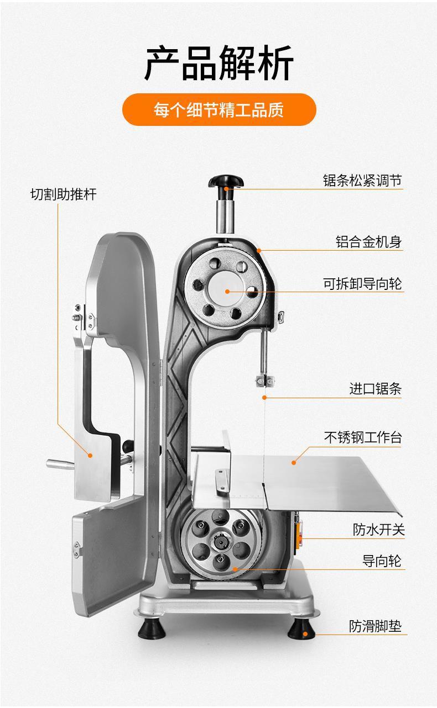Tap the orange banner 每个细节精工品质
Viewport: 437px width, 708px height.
[218, 109]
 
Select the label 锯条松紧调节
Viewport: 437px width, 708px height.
[362, 181]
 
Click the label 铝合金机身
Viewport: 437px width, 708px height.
[368, 242]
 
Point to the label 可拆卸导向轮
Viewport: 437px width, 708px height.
[362, 284]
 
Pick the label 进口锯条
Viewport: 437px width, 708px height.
[375, 389]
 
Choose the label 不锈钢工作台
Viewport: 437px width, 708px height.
[362, 437]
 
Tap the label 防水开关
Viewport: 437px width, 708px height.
[379, 530]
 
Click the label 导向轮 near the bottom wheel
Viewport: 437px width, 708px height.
[382, 561]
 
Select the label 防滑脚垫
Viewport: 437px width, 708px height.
[375, 626]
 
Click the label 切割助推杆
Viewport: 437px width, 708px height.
[63, 194]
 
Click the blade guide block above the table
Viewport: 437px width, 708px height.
[264, 381]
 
